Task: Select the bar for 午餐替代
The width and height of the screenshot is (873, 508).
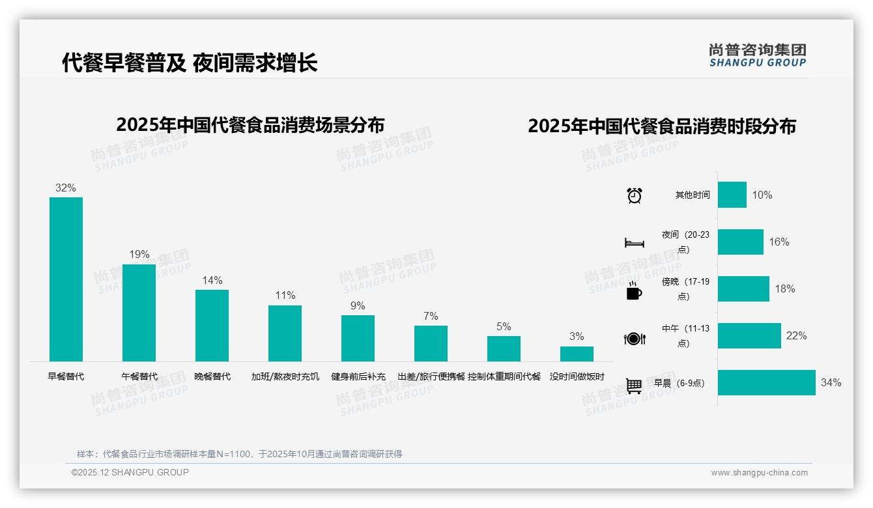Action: (139, 313)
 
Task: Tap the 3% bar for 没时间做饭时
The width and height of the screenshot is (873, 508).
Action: (577, 354)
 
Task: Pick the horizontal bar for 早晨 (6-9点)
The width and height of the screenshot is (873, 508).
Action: (766, 382)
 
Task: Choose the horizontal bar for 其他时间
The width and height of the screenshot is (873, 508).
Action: (732, 195)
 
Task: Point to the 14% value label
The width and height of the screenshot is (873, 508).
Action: (212, 281)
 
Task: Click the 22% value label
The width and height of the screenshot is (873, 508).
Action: (796, 336)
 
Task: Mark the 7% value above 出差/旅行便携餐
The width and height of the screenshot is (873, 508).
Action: (431, 317)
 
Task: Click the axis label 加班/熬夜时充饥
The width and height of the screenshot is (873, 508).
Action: (285, 376)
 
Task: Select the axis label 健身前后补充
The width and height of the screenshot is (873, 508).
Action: (358, 376)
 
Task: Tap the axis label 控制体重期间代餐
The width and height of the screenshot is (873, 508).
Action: (504, 376)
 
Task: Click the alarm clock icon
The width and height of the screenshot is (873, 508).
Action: (635, 195)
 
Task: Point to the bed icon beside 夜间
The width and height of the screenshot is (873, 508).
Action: (635, 243)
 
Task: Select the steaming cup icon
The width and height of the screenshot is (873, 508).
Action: (634, 291)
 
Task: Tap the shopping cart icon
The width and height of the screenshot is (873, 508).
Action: (634, 386)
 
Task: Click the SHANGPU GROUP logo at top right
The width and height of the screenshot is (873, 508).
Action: (757, 55)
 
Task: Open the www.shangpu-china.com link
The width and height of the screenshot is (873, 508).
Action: (759, 473)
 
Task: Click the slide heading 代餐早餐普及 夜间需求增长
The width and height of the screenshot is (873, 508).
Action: (190, 63)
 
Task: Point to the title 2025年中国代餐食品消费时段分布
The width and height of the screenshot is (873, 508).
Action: (662, 126)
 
